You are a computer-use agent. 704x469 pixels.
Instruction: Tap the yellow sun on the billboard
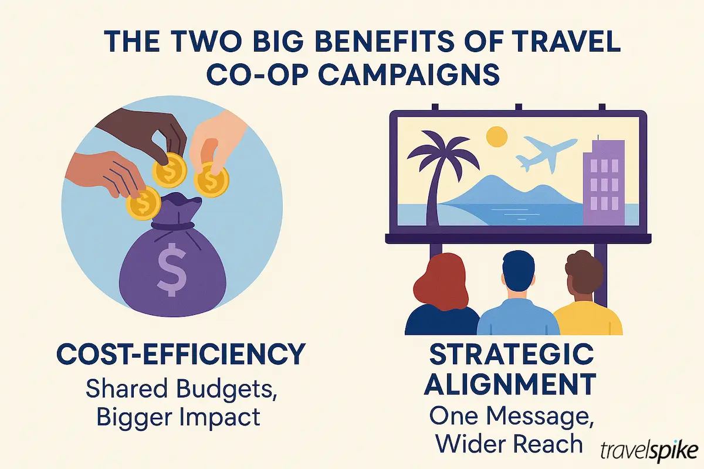click(x=497, y=137)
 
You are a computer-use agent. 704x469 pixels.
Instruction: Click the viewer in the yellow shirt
click(x=587, y=305)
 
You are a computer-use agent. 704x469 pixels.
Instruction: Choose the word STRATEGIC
click(x=510, y=354)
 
